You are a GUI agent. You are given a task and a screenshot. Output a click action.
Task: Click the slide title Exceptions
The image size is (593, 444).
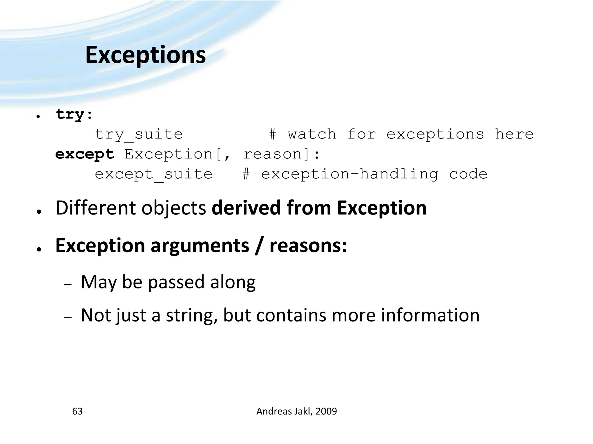click(x=145, y=55)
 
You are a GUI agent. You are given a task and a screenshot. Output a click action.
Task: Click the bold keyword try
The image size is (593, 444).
click(x=70, y=114)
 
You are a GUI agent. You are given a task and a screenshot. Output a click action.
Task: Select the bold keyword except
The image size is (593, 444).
click(x=85, y=154)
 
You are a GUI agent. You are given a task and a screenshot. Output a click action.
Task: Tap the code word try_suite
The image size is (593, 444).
click(x=139, y=134)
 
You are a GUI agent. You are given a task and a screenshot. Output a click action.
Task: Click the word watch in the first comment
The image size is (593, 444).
click(x=312, y=134)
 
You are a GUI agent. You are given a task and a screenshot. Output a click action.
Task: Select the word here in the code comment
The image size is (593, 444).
click(x=514, y=134)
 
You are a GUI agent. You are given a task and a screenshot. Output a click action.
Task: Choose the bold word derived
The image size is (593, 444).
click(x=246, y=208)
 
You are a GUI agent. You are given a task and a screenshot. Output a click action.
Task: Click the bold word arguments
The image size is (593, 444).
click(x=200, y=245)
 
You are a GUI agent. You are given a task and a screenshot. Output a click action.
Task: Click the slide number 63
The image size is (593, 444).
click(x=77, y=411)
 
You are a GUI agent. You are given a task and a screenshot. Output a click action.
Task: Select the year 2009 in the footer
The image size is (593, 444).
click(x=326, y=411)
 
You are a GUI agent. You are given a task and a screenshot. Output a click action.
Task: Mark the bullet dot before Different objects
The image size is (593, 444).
click(x=38, y=212)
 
